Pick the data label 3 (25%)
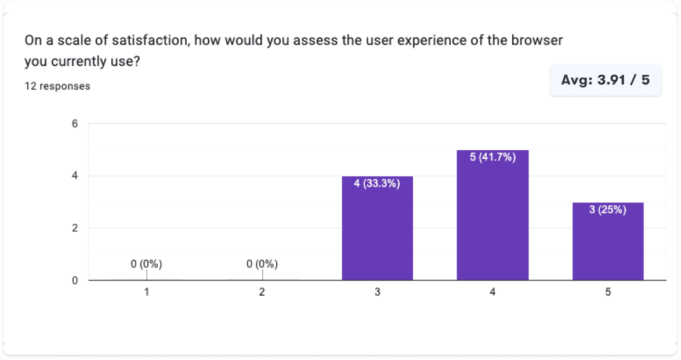608,210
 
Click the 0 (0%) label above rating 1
146,264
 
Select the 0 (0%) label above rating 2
262,264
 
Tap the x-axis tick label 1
147,293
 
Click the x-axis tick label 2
262,293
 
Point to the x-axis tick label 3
377,293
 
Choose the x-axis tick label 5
608,293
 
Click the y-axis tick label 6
75,123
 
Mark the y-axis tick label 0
75,281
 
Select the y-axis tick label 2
75,228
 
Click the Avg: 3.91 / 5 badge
606,80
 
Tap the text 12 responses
57,86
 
